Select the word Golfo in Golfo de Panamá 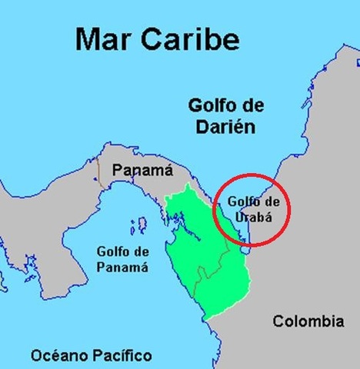[x=112, y=251]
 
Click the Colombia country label [x=308, y=322]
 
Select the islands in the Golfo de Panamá [x=140, y=225]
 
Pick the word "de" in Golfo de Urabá [x=266, y=201]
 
